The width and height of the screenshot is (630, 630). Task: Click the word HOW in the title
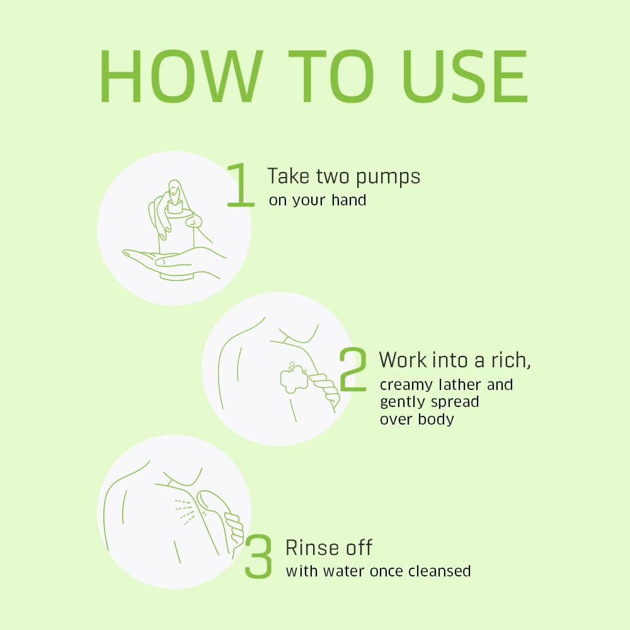181,76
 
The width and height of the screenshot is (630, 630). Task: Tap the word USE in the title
465,76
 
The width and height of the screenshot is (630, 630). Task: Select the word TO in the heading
331,76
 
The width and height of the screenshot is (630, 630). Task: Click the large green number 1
241,185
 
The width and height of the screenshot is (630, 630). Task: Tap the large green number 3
258,556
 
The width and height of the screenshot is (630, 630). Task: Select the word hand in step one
349,200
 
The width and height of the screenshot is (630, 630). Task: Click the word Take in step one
289,176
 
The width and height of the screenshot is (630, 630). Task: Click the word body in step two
436,420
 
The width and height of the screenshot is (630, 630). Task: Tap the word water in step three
345,571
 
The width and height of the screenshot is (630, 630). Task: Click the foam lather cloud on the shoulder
294,377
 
